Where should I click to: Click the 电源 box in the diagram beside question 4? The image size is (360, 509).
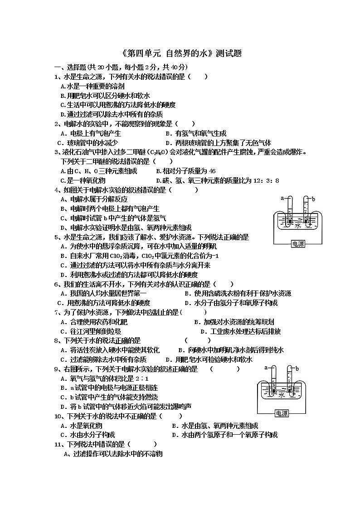point(298,244)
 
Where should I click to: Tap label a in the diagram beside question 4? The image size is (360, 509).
point(282,199)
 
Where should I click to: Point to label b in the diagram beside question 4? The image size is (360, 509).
point(313,199)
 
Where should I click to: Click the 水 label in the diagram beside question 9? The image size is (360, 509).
point(282,395)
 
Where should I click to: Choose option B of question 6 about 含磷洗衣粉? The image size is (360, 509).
point(238,293)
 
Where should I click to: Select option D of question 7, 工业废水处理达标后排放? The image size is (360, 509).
point(240,331)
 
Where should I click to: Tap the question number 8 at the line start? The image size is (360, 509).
point(56,340)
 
